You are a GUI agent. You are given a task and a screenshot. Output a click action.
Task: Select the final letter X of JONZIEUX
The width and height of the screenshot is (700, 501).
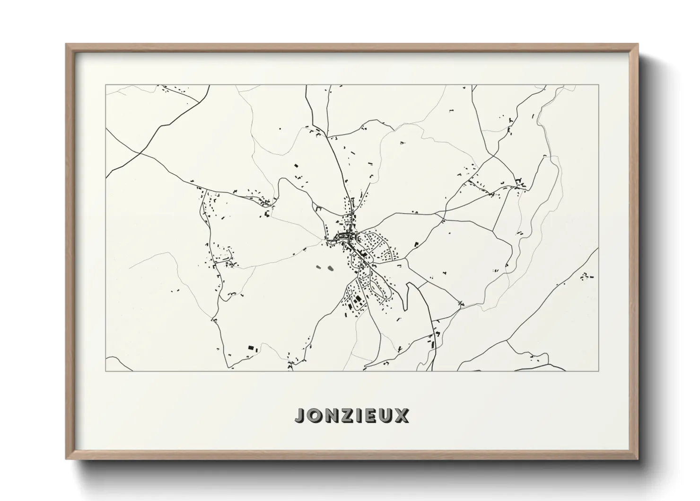(402, 415)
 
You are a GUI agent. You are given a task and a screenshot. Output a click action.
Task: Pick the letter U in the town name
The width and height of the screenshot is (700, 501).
(387, 415)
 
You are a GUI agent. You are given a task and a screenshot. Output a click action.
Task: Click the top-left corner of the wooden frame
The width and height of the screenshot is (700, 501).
(66, 45)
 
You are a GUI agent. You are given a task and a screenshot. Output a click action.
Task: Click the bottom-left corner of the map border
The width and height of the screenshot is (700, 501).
(106, 371)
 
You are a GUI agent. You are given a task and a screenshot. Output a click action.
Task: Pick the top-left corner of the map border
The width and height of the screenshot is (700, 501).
(106, 85)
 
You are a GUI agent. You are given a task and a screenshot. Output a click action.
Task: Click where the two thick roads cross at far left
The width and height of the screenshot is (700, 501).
(140, 153)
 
